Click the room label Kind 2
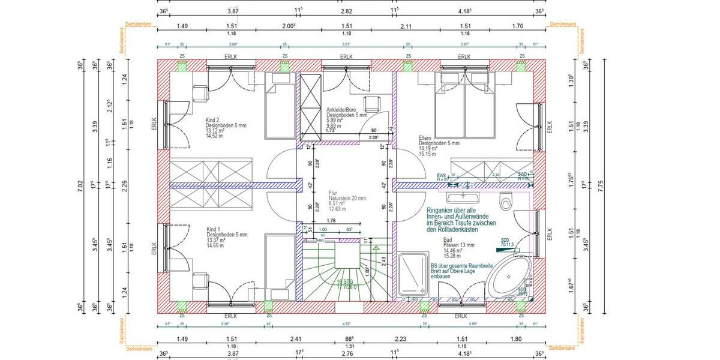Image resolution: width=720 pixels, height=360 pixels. click(213, 119)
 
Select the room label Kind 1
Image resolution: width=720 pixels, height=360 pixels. click(213, 229)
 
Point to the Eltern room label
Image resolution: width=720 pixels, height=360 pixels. click(425, 137)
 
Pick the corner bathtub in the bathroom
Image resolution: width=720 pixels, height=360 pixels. click(508, 278)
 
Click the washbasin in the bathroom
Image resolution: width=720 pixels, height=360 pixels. click(463, 197)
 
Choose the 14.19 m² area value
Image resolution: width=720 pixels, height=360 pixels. click(430, 149)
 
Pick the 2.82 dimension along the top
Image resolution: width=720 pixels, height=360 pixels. click(346, 11)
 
